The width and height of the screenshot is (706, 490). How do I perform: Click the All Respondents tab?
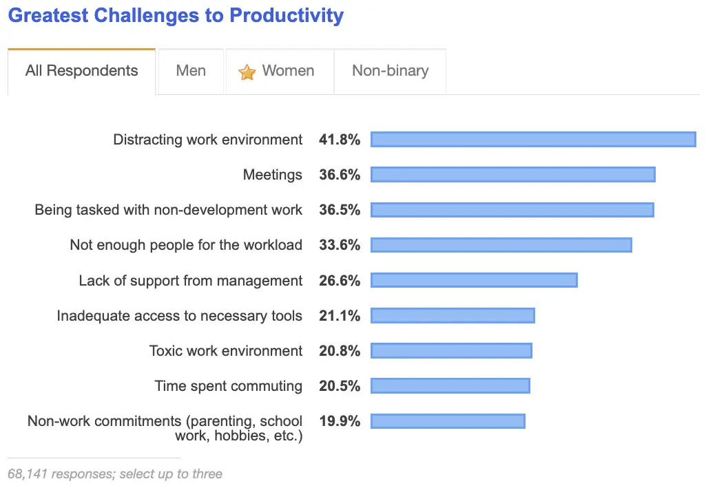81,71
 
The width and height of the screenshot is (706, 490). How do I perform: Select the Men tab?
191,71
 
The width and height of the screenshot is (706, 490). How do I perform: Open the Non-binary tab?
390,71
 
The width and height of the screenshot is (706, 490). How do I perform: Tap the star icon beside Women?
247,72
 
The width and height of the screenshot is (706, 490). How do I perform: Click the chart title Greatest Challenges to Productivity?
176,15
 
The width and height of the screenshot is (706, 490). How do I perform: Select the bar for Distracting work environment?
532,140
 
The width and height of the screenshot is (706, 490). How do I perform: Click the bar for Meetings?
512,175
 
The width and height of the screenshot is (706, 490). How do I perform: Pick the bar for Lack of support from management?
474,280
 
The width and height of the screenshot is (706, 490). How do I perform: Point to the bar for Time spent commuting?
450,385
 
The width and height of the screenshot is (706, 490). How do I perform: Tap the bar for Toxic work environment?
451,350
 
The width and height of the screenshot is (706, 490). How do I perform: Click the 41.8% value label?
340,140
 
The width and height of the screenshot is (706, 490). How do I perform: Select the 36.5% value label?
340,210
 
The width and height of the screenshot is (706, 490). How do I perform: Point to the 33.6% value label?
340,245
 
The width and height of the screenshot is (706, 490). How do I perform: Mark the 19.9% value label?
340,420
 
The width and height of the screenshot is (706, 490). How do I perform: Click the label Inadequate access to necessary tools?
179,316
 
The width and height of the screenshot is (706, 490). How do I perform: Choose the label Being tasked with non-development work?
169,210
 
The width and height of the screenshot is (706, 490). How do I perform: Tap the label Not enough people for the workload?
186,245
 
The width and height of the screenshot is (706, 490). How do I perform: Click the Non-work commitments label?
165,428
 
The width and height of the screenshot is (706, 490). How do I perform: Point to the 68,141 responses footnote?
115,473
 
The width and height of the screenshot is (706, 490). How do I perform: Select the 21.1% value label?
340,315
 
